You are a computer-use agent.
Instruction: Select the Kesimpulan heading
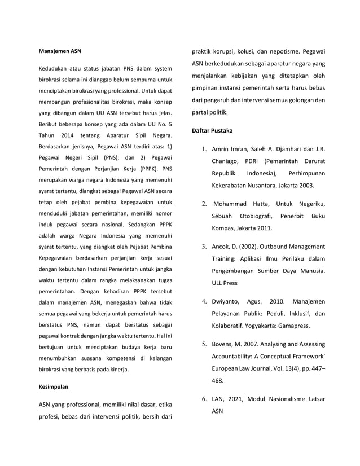click(55, 387)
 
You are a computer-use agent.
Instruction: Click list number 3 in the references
click(203, 247)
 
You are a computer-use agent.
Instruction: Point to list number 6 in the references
click(203, 399)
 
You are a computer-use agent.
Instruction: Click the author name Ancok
click(222, 247)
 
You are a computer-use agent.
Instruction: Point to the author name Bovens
click(225, 344)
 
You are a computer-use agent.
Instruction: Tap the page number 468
click(218, 381)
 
